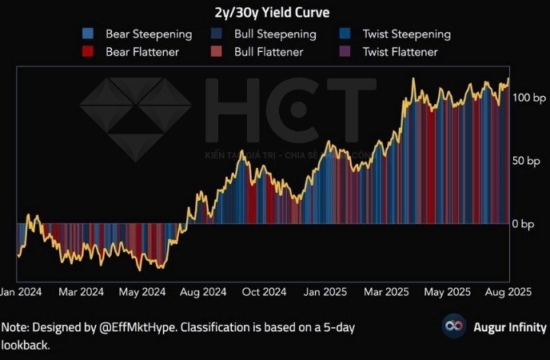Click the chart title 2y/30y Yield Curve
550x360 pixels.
[274, 12]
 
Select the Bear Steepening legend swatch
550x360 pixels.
[88, 34]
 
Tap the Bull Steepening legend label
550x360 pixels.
[275, 34]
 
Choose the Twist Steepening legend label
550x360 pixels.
[406, 34]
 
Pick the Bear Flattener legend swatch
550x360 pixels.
[88, 52]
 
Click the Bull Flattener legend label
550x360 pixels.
[269, 52]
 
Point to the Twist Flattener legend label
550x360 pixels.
[400, 52]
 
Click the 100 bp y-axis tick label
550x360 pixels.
[528, 97]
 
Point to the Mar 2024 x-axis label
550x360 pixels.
[82, 292]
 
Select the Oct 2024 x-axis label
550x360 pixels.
[264, 292]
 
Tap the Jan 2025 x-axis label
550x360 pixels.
[325, 292]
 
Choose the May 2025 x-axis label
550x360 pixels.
[448, 292]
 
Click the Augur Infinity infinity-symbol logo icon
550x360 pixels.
[455, 326]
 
